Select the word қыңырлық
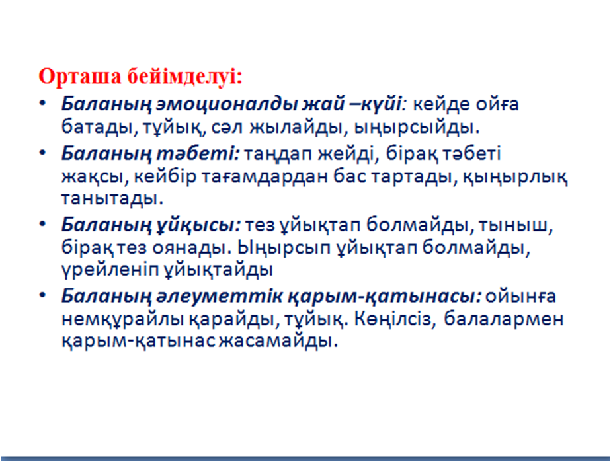[x=516, y=178]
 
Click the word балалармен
[x=504, y=319]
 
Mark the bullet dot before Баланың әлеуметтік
[x=42, y=295]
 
